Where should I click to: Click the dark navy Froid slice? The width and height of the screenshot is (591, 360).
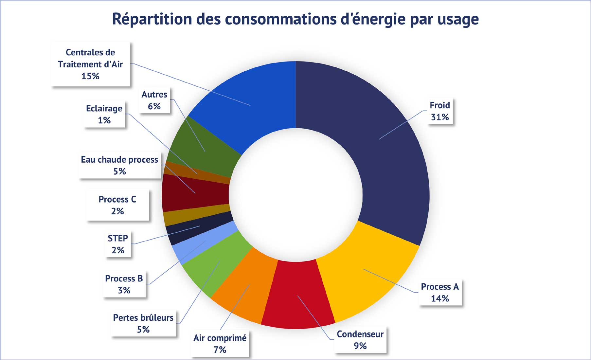pyautogui.click(x=386, y=147)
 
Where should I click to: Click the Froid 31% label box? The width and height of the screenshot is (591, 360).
pyautogui.click(x=439, y=111)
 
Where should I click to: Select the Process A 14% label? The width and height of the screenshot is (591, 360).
pyautogui.click(x=439, y=293)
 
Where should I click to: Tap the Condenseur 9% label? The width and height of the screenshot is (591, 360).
pyautogui.click(x=360, y=340)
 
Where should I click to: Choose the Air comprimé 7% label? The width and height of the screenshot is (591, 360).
pyautogui.click(x=220, y=344)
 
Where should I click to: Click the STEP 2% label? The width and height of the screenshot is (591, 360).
pyautogui.click(x=118, y=244)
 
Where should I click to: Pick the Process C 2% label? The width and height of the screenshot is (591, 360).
pyautogui.click(x=117, y=205)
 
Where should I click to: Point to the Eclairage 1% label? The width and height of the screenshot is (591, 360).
pyautogui.click(x=104, y=114)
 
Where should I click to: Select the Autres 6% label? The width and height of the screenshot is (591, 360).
pyautogui.click(x=154, y=100)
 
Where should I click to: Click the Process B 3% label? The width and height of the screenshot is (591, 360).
pyautogui.click(x=124, y=284)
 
